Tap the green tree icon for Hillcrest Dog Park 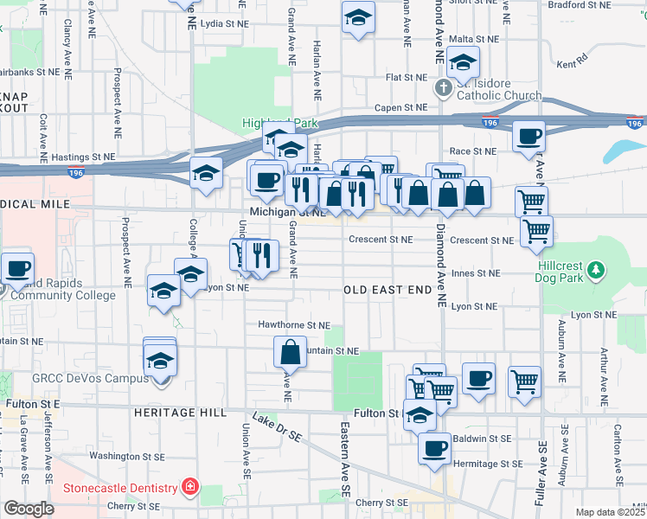[x=595, y=271]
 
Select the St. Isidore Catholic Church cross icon [x=443, y=86]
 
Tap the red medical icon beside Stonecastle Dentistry [x=189, y=487]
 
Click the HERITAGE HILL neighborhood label [x=179, y=413]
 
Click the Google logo [x=29, y=509]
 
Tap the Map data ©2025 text [x=611, y=512]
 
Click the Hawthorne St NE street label [x=294, y=325]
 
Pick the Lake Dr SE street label [x=277, y=432]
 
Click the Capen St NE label [x=400, y=108]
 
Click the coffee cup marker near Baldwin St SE [x=435, y=448]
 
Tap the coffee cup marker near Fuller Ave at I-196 [x=528, y=136]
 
